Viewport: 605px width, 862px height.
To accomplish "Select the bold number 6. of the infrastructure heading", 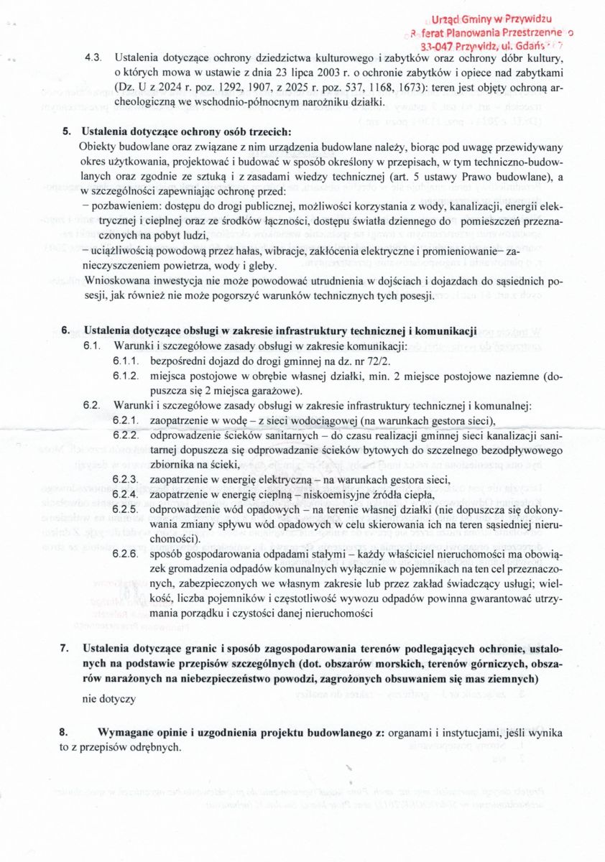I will tap(67, 331).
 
